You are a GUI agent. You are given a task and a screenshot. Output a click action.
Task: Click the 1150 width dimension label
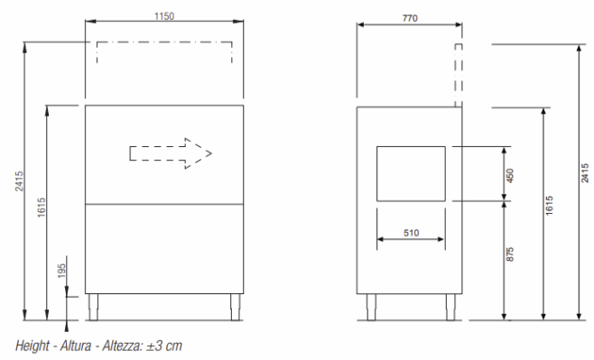coord(164,16)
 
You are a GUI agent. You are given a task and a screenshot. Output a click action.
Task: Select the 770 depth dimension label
coord(410,18)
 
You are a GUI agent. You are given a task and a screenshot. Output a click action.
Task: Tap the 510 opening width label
coord(411,233)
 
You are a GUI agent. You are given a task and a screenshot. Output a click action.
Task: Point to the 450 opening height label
coord(510,176)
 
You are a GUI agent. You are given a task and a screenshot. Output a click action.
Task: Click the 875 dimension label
coord(510,254)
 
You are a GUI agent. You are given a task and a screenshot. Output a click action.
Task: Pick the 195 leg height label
coord(61,271)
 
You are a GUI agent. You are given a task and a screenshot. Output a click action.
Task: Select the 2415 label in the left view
coord(19,181)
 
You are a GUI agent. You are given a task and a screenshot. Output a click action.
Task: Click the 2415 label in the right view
coord(585,173)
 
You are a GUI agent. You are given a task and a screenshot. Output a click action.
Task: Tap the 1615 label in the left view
coord(42,207)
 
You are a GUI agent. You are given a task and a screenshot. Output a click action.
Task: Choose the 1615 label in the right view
coord(549,206)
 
